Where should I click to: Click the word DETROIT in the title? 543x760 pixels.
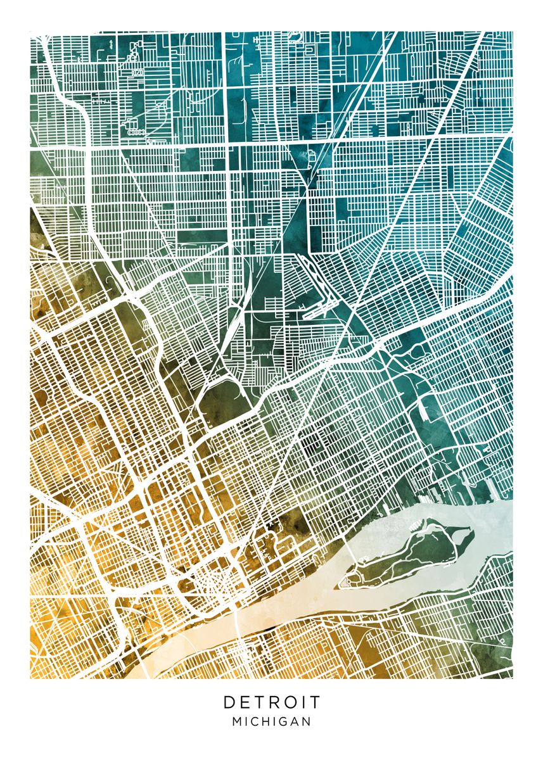pos(272,702)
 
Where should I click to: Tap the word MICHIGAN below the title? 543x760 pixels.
pos(272,721)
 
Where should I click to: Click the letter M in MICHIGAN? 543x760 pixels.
pos(237,721)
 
